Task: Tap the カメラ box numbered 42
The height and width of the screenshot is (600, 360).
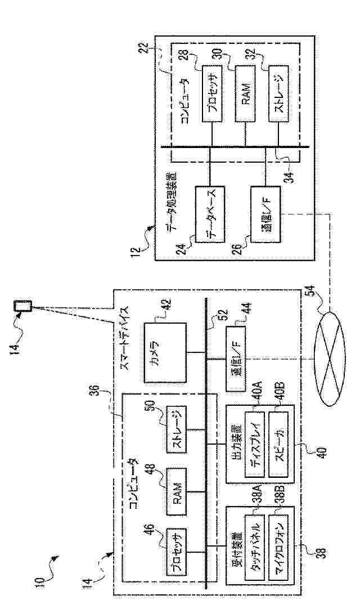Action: (x=164, y=352)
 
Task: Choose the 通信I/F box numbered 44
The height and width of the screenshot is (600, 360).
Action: (x=236, y=357)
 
